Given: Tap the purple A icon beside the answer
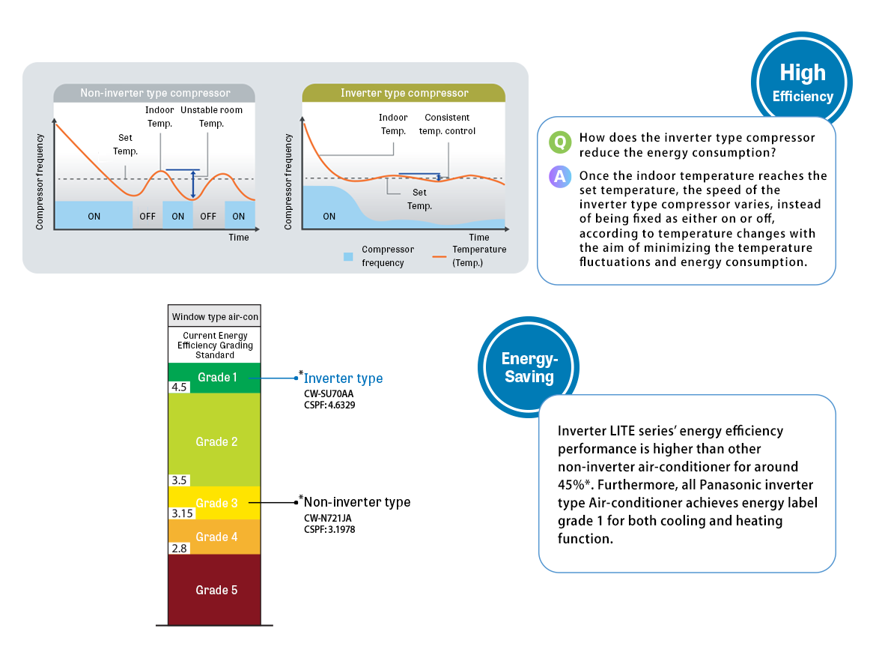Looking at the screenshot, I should pyautogui.click(x=559, y=177).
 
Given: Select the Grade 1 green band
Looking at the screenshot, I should pyautogui.click(x=214, y=377).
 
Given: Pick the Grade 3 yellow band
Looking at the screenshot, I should pyautogui.click(x=214, y=503).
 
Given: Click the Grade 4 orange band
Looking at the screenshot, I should pyautogui.click(x=214, y=537).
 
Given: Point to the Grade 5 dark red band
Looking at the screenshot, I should pyautogui.click(x=214, y=590).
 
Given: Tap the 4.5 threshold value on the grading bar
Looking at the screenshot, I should pyautogui.click(x=180, y=387).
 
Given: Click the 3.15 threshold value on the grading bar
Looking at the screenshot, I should pyautogui.click(x=182, y=513).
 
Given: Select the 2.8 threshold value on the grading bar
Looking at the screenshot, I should pyautogui.click(x=180, y=549).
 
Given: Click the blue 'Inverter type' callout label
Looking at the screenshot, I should pyautogui.click(x=343, y=378).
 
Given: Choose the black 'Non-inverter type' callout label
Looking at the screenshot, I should pyautogui.click(x=356, y=502).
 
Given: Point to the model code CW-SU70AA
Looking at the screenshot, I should pyautogui.click(x=328, y=393).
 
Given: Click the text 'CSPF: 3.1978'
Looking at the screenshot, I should pyautogui.click(x=329, y=529).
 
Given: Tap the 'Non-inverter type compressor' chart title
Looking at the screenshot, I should pyautogui.click(x=155, y=93).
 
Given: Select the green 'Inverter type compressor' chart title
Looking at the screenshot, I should pyautogui.click(x=404, y=93).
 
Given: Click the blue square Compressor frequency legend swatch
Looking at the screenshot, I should pyautogui.click(x=347, y=256).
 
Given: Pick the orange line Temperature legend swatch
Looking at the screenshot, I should pyautogui.click(x=440, y=256).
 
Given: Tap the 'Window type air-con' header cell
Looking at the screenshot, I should pyautogui.click(x=214, y=316).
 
